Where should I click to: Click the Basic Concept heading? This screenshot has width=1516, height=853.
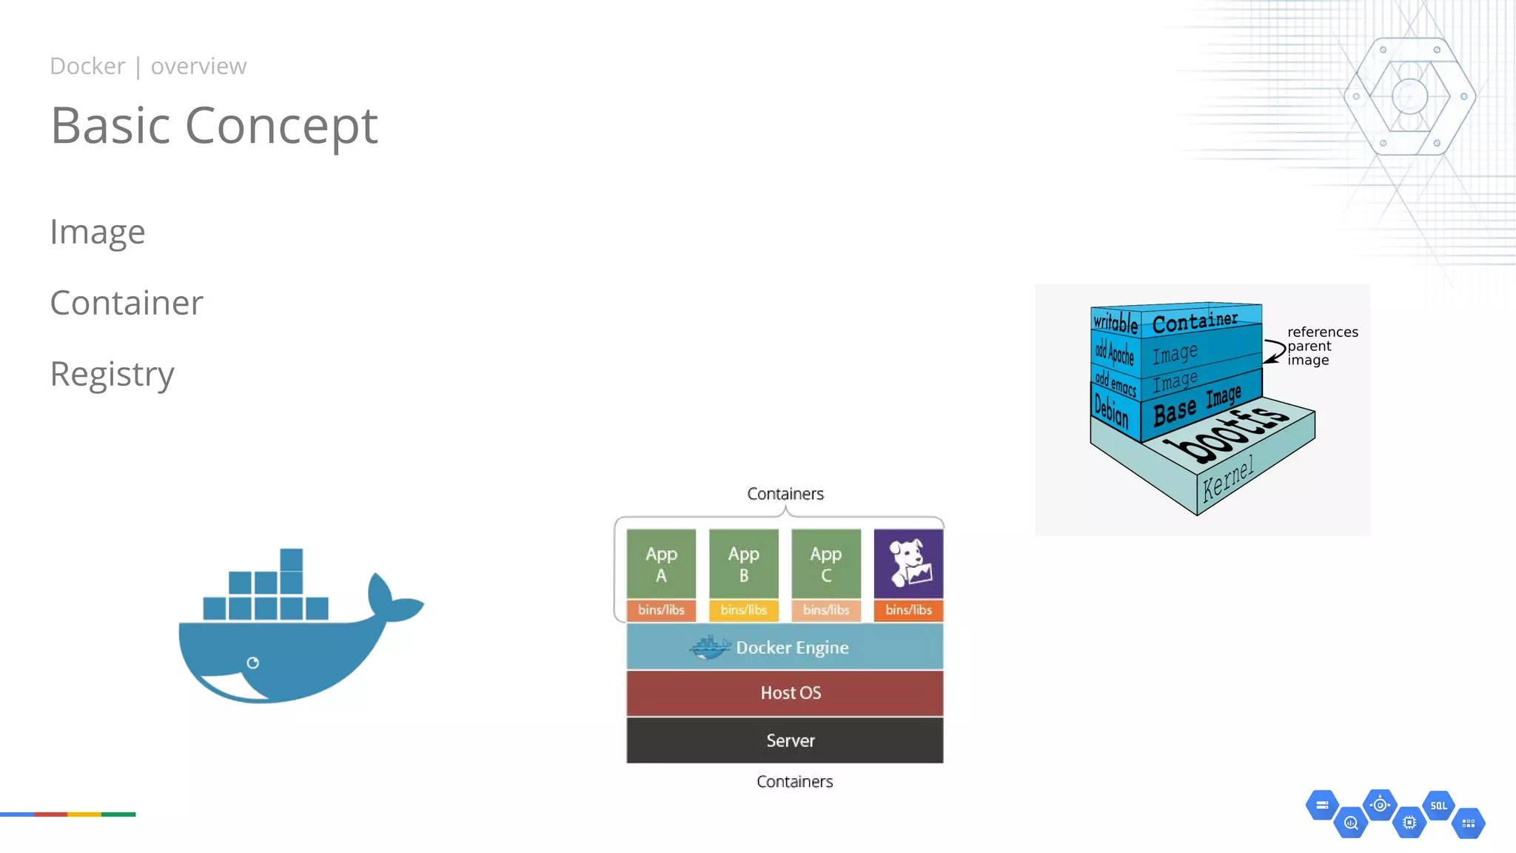coord(214,126)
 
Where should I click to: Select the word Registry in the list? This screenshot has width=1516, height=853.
coord(112,374)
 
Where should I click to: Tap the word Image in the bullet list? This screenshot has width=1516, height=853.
coord(97,232)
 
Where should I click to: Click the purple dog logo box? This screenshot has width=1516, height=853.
coord(908,563)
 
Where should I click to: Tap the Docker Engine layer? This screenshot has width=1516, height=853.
coord(785,647)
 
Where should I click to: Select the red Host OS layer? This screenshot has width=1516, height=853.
coord(785,693)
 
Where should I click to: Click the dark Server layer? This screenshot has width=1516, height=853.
coord(785,740)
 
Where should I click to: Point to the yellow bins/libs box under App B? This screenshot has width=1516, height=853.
coord(743,610)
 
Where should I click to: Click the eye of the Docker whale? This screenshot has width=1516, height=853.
coord(252,663)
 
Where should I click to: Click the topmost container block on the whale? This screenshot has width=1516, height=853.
coord(292,559)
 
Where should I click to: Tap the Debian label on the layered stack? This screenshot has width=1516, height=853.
coord(1112,410)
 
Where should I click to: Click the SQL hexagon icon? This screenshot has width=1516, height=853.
coord(1438,806)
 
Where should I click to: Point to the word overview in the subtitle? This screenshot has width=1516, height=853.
coord(198,67)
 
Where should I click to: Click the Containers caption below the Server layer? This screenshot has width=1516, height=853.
coord(794,782)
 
